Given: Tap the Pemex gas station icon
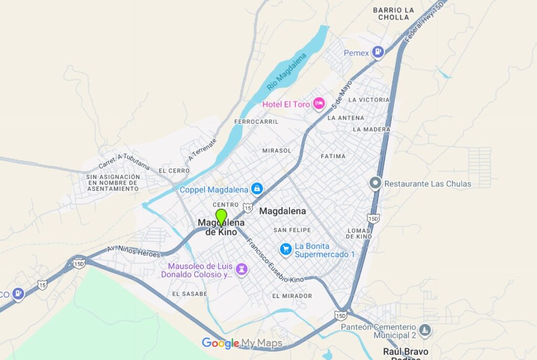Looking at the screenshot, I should (378, 51).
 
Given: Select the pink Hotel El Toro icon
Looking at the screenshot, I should (318, 104).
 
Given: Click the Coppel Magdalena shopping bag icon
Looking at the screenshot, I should (256, 188).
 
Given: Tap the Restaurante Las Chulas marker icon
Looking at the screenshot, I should (375, 183).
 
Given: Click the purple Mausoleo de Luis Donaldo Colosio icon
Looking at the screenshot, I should (241, 269).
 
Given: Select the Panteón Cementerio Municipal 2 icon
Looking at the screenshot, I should (425, 330).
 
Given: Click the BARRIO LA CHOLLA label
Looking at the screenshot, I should (393, 14).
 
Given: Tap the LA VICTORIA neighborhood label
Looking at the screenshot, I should (369, 100).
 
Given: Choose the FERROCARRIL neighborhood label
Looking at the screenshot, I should (256, 122).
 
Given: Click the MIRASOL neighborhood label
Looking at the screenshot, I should (277, 151).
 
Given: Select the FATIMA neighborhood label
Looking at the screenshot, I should (333, 156).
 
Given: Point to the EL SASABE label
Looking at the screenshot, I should (189, 294).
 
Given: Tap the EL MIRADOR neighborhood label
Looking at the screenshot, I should (292, 296).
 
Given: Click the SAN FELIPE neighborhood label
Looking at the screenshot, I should (292, 230).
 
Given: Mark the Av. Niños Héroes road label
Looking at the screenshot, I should (134, 251).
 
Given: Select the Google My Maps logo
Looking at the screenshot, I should (242, 344).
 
